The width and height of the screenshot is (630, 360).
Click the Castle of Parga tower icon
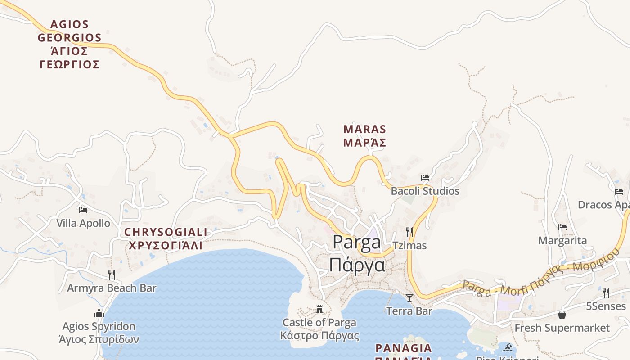319,309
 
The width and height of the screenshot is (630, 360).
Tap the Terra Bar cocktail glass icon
409,297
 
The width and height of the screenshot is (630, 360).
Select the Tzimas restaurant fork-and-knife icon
409,232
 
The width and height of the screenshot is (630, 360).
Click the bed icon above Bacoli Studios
425,178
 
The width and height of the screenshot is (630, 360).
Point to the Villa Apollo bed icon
83,210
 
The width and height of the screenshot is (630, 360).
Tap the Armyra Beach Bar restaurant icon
112,274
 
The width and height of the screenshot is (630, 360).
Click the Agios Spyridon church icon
99,313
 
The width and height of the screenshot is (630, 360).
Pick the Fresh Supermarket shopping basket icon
562,314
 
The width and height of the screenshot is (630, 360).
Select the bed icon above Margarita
562,227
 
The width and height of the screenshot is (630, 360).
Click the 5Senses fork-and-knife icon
606,293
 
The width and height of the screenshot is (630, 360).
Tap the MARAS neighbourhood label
365,136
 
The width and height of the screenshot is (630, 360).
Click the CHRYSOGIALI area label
166,239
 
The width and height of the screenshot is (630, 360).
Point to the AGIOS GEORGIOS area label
70,44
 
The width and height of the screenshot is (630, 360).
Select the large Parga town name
357,253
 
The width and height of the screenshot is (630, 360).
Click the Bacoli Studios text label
425,191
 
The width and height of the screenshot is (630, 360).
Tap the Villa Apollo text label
83,223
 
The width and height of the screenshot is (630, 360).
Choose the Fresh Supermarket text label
562,328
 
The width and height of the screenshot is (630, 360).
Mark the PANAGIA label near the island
404,348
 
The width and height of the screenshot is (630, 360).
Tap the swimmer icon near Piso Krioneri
508,347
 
